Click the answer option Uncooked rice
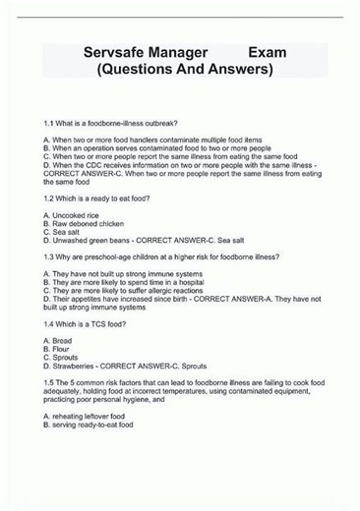(77, 214)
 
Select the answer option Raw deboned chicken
(90, 223)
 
